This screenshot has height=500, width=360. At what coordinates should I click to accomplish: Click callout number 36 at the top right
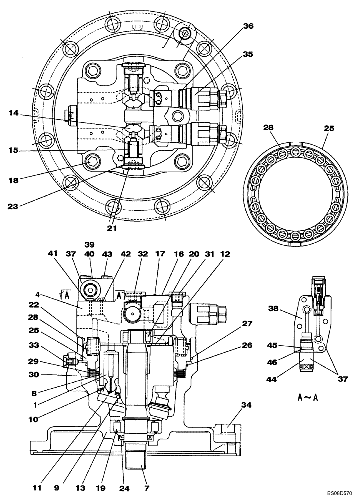(248, 28)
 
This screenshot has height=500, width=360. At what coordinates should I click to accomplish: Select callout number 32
(143, 254)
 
